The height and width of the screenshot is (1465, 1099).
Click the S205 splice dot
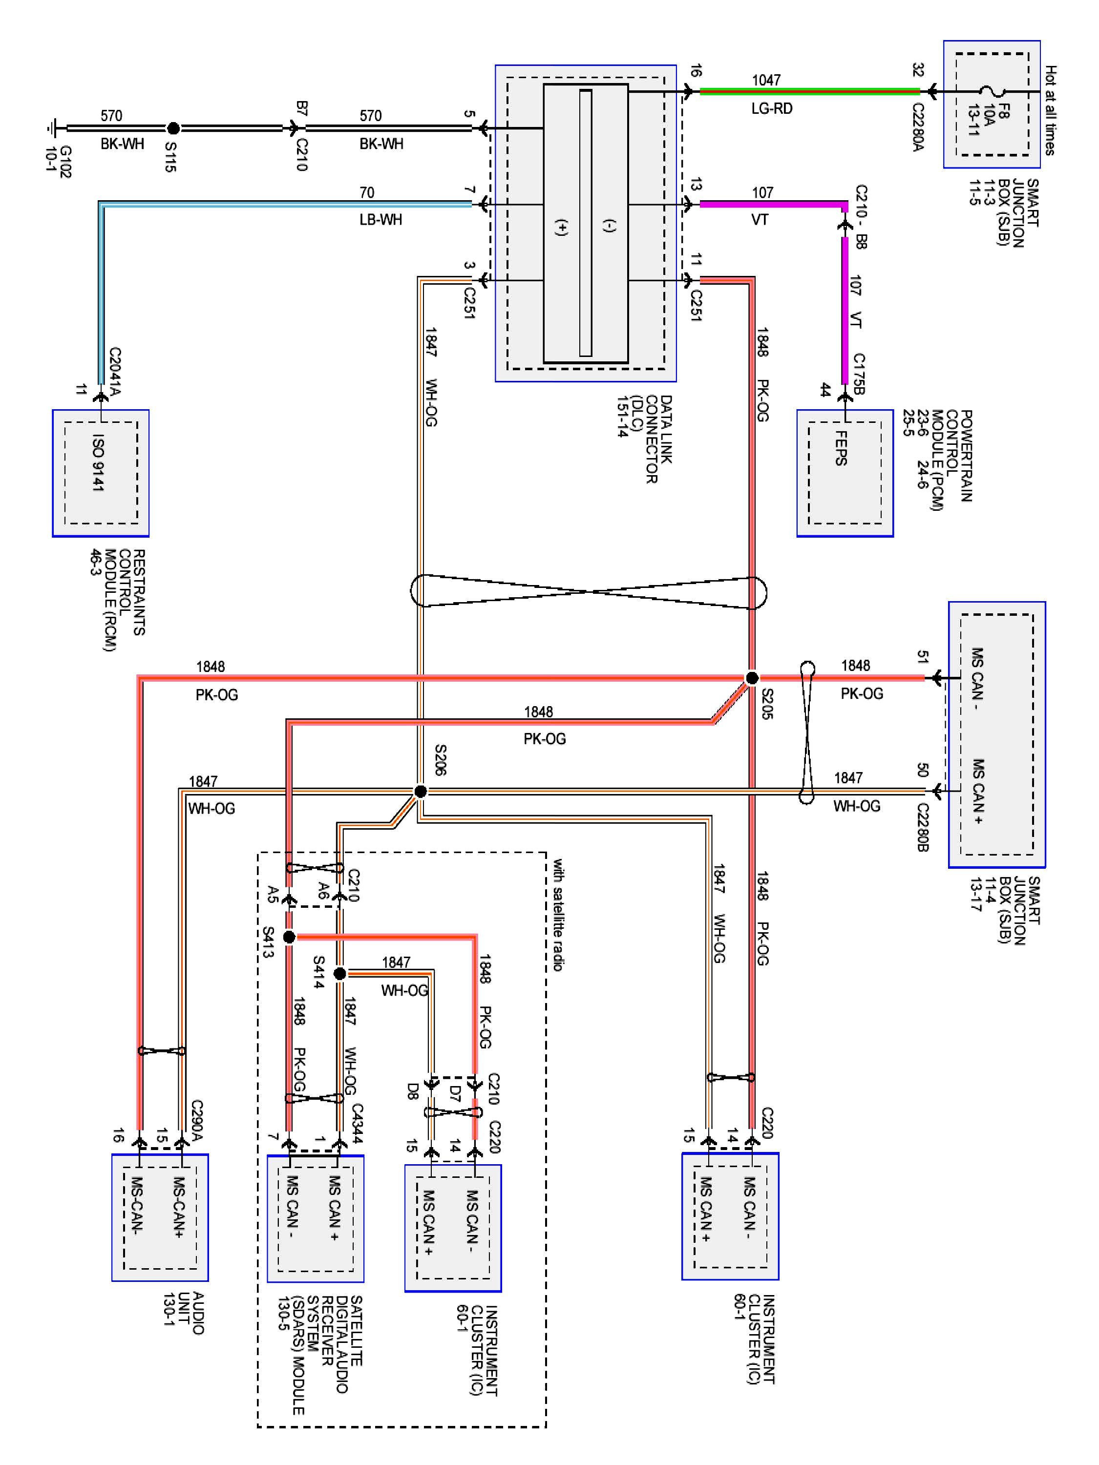[752, 677]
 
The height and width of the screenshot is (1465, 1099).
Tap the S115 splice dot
[173, 128]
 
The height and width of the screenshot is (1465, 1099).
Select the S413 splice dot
[289, 937]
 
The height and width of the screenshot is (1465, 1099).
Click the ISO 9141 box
[101, 473]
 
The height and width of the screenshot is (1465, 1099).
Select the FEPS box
[845, 473]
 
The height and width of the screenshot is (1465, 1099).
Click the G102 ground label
[58, 162]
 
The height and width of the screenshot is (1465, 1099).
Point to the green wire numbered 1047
[808, 91]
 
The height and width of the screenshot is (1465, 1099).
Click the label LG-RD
[771, 108]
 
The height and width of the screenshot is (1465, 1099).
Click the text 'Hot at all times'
[1050, 110]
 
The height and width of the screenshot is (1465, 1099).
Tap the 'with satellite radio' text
[558, 915]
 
